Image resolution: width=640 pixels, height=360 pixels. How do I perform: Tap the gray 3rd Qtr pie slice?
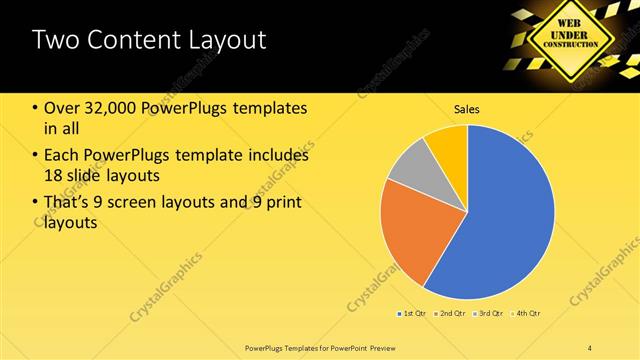point(411,164)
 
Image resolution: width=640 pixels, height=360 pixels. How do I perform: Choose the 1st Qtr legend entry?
point(415,314)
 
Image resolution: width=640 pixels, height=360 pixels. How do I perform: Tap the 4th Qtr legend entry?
point(528,314)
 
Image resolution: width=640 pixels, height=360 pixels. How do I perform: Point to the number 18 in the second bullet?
point(55,175)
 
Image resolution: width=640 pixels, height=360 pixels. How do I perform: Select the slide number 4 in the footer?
point(590,348)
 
